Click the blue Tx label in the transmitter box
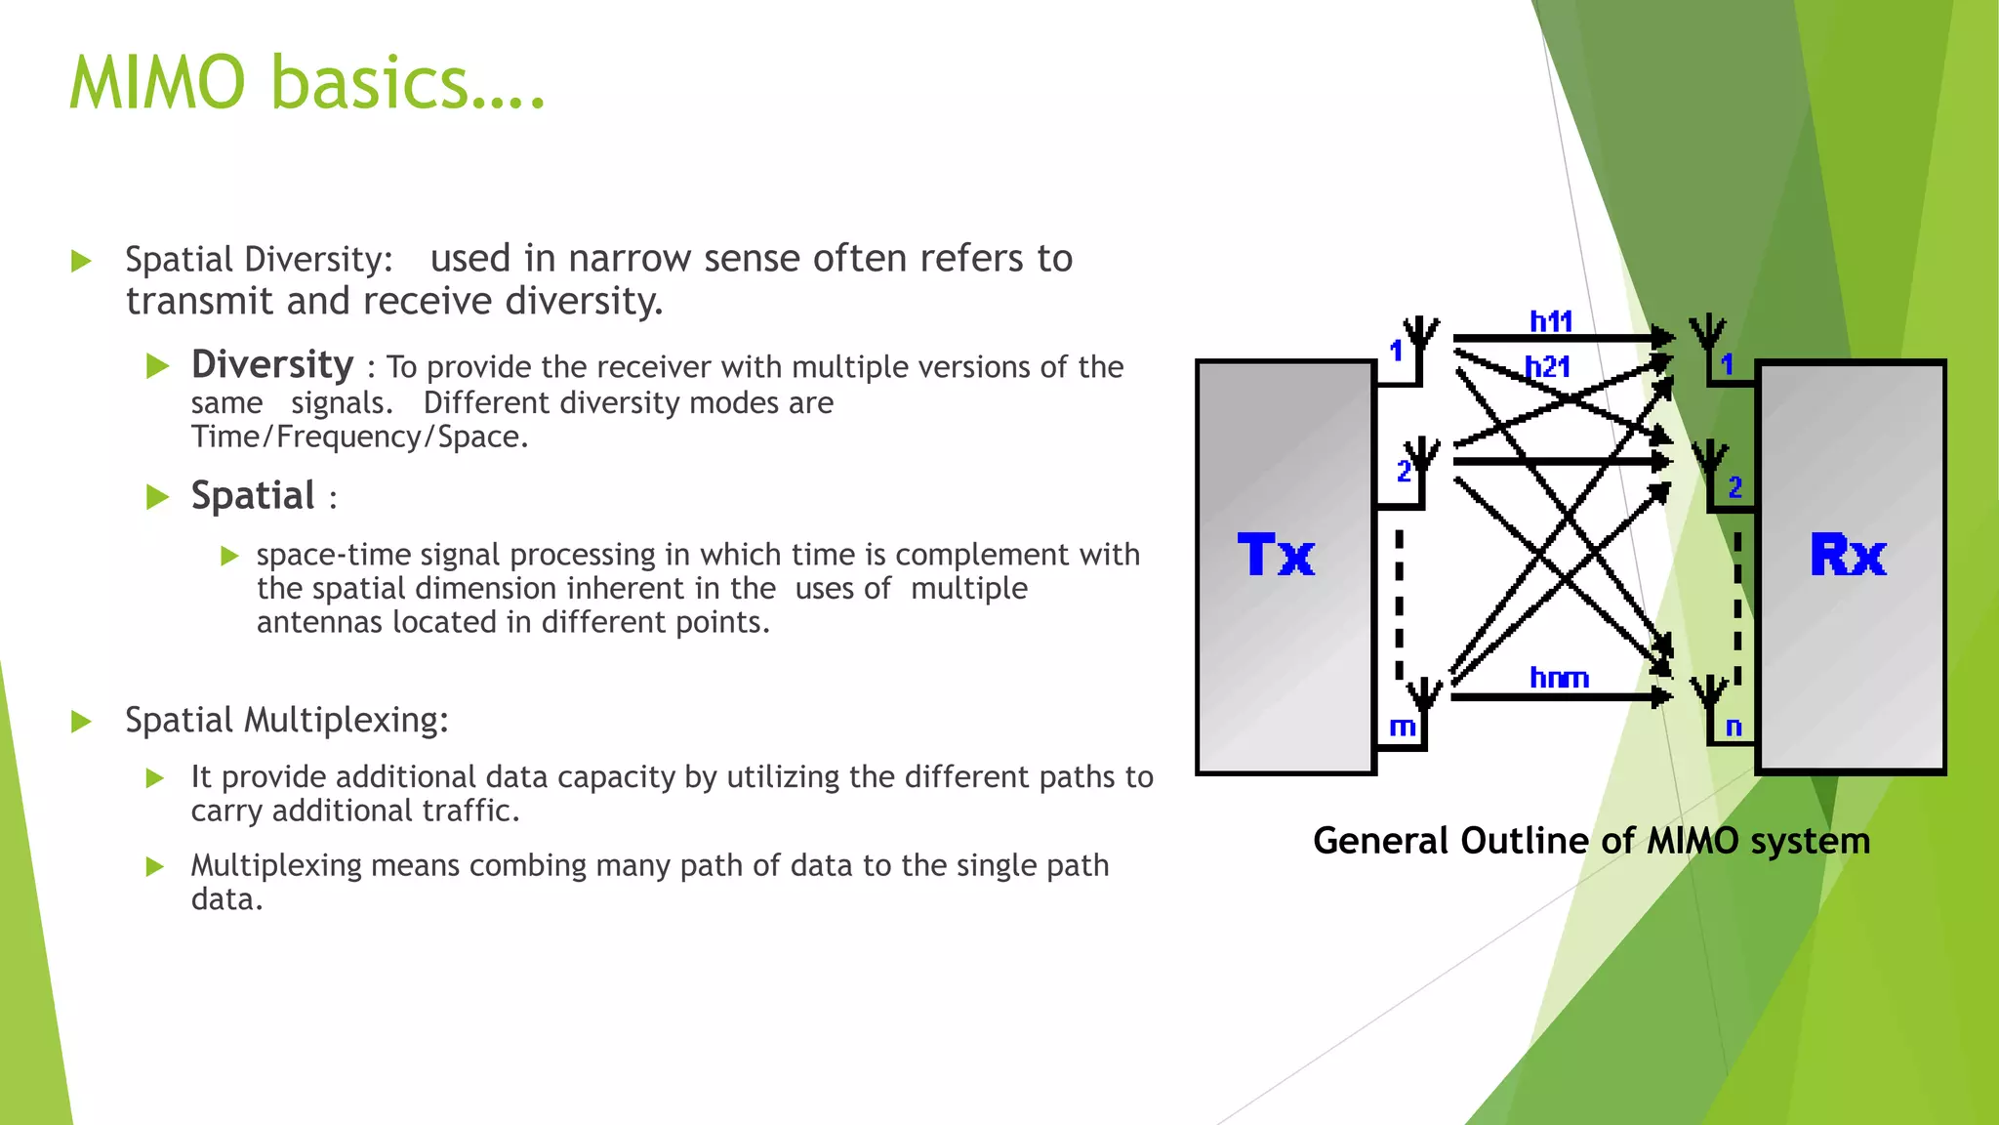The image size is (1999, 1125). pyautogui.click(x=1276, y=556)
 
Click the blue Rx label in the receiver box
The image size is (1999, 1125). pyautogui.click(x=1848, y=556)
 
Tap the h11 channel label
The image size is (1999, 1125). pyautogui.click(x=1550, y=321)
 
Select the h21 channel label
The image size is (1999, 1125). pyautogui.click(x=1548, y=367)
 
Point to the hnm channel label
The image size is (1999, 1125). pyautogui.click(x=1559, y=678)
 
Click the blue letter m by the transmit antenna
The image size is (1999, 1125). pyautogui.click(x=1402, y=728)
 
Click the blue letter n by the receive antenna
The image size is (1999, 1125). pyautogui.click(x=1734, y=728)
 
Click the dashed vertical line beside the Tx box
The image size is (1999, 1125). pyautogui.click(x=1399, y=605)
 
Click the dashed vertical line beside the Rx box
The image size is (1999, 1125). pyautogui.click(x=1737, y=605)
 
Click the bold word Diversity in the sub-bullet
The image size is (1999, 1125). pyautogui.click(x=272, y=364)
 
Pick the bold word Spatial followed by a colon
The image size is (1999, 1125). pyautogui.click(x=253, y=496)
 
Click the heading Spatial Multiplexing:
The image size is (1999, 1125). pyautogui.click(x=286, y=721)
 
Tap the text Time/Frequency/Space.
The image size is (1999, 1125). pyautogui.click(x=358, y=437)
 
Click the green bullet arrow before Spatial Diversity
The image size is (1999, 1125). pyautogui.click(x=82, y=261)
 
